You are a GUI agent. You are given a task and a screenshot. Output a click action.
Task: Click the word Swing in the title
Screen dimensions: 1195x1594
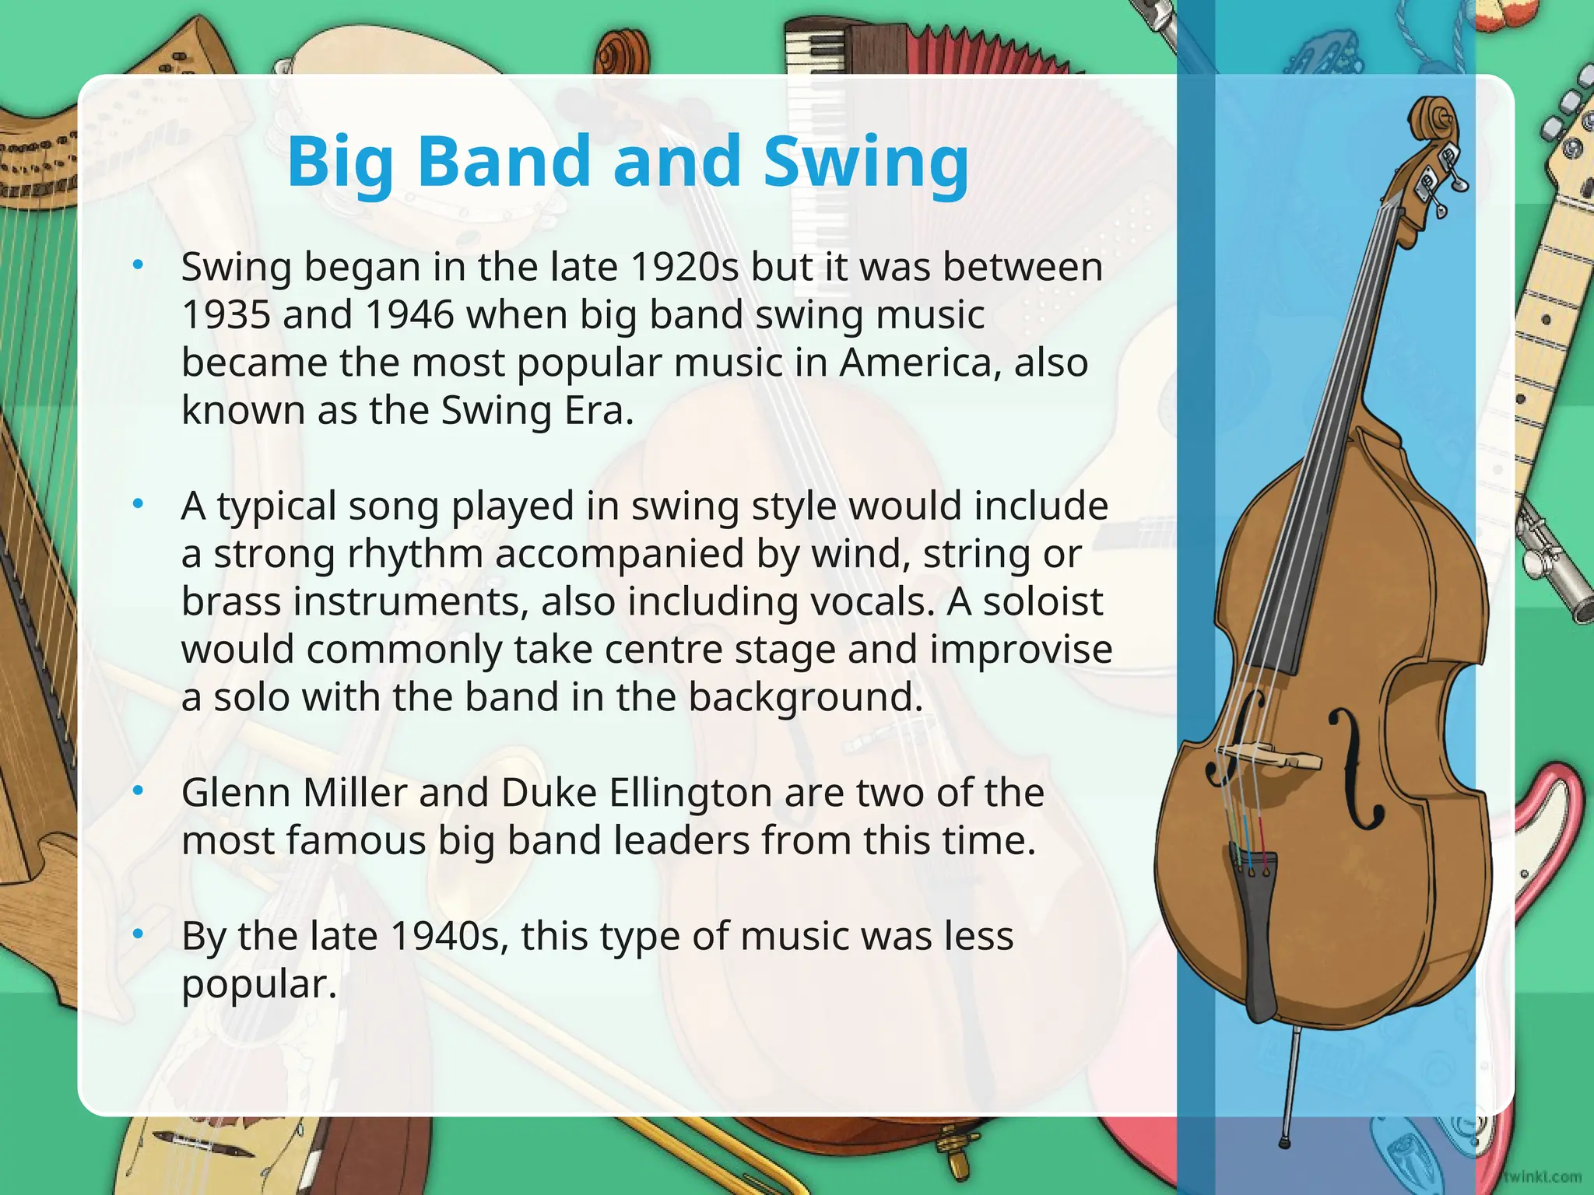865,162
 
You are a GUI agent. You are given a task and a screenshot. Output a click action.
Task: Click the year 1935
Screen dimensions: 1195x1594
226,315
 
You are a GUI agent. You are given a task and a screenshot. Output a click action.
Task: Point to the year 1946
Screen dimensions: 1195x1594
409,315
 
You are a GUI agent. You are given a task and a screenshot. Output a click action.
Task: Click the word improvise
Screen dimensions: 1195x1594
1020,649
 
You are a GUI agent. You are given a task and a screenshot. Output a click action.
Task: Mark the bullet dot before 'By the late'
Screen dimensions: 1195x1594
139,934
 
